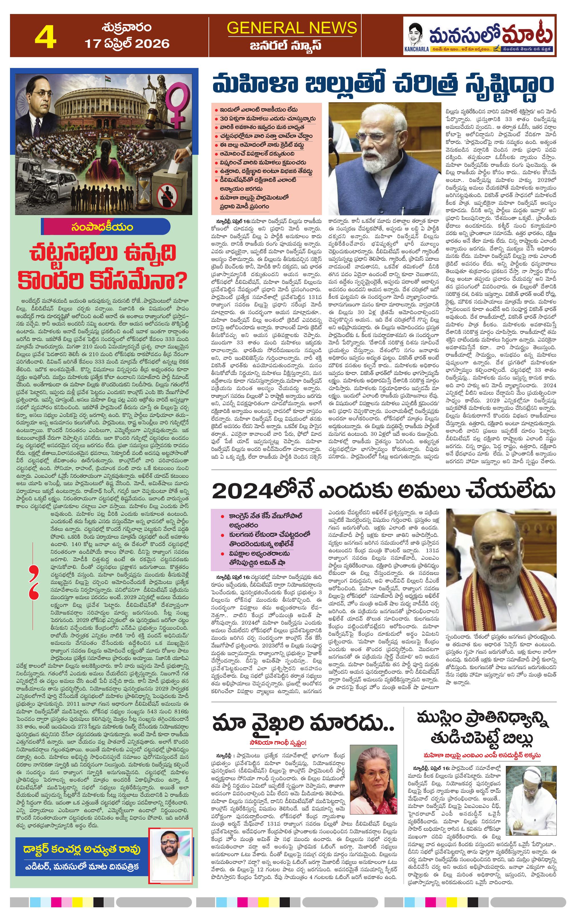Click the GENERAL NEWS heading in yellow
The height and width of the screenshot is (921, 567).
pyautogui.click(x=291, y=28)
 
